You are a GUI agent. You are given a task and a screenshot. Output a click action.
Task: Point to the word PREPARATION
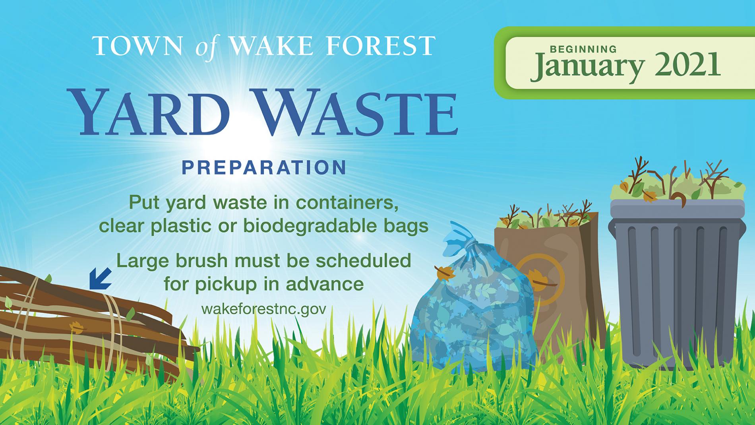pos(264,167)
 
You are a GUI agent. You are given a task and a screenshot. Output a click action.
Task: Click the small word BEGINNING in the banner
pos(583,49)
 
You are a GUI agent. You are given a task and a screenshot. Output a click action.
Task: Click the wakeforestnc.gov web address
pos(263,309)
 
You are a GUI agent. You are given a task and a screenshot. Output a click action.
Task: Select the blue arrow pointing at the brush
pos(100,278)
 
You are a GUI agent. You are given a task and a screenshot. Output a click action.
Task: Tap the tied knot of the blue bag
pos(469,243)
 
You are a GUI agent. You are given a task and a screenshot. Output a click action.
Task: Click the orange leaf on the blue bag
pos(445,274)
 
